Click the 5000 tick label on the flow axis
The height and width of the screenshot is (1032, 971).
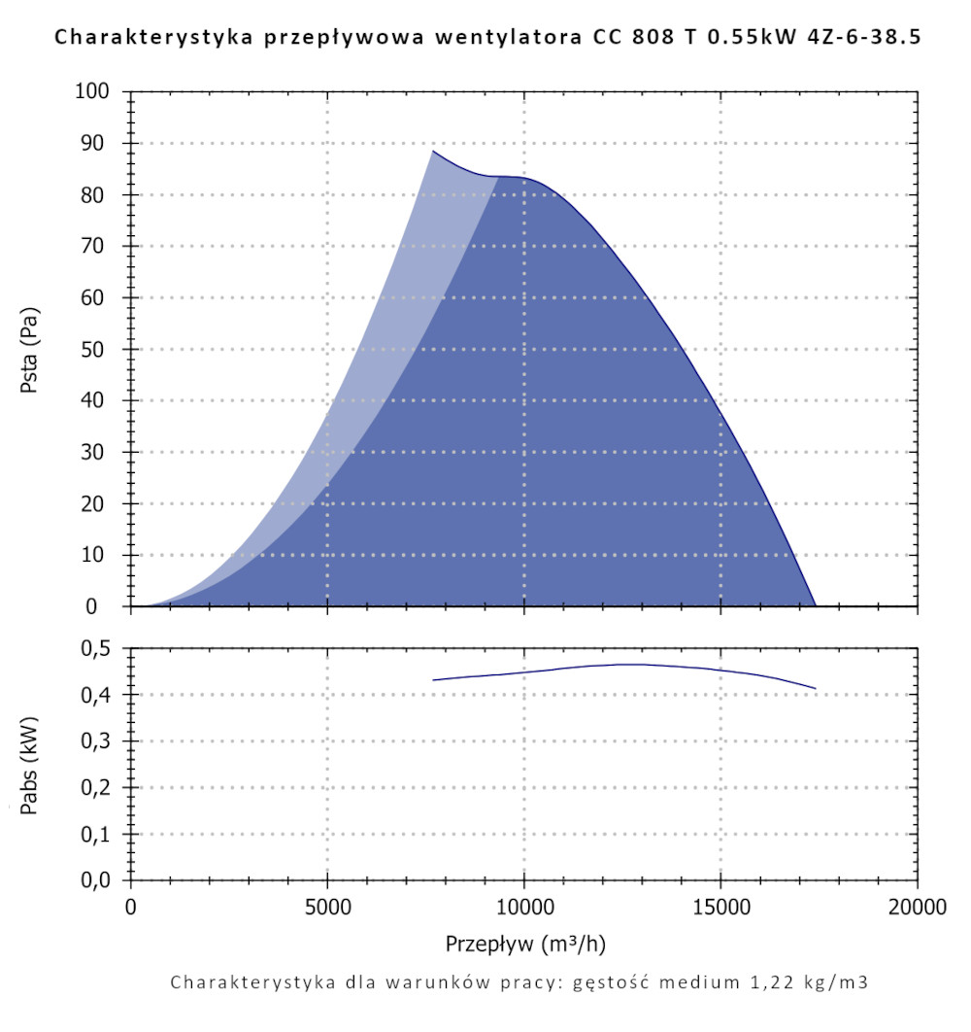pos(327,909)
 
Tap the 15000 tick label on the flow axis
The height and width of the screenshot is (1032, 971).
pos(720,909)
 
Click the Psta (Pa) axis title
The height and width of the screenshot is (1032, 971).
pos(30,350)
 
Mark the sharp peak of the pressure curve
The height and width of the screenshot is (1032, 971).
pos(434,151)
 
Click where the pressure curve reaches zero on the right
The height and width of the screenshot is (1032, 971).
pos(815,605)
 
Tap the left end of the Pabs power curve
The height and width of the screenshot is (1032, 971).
pos(434,680)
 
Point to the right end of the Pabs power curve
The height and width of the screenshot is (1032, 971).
pos(816,688)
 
